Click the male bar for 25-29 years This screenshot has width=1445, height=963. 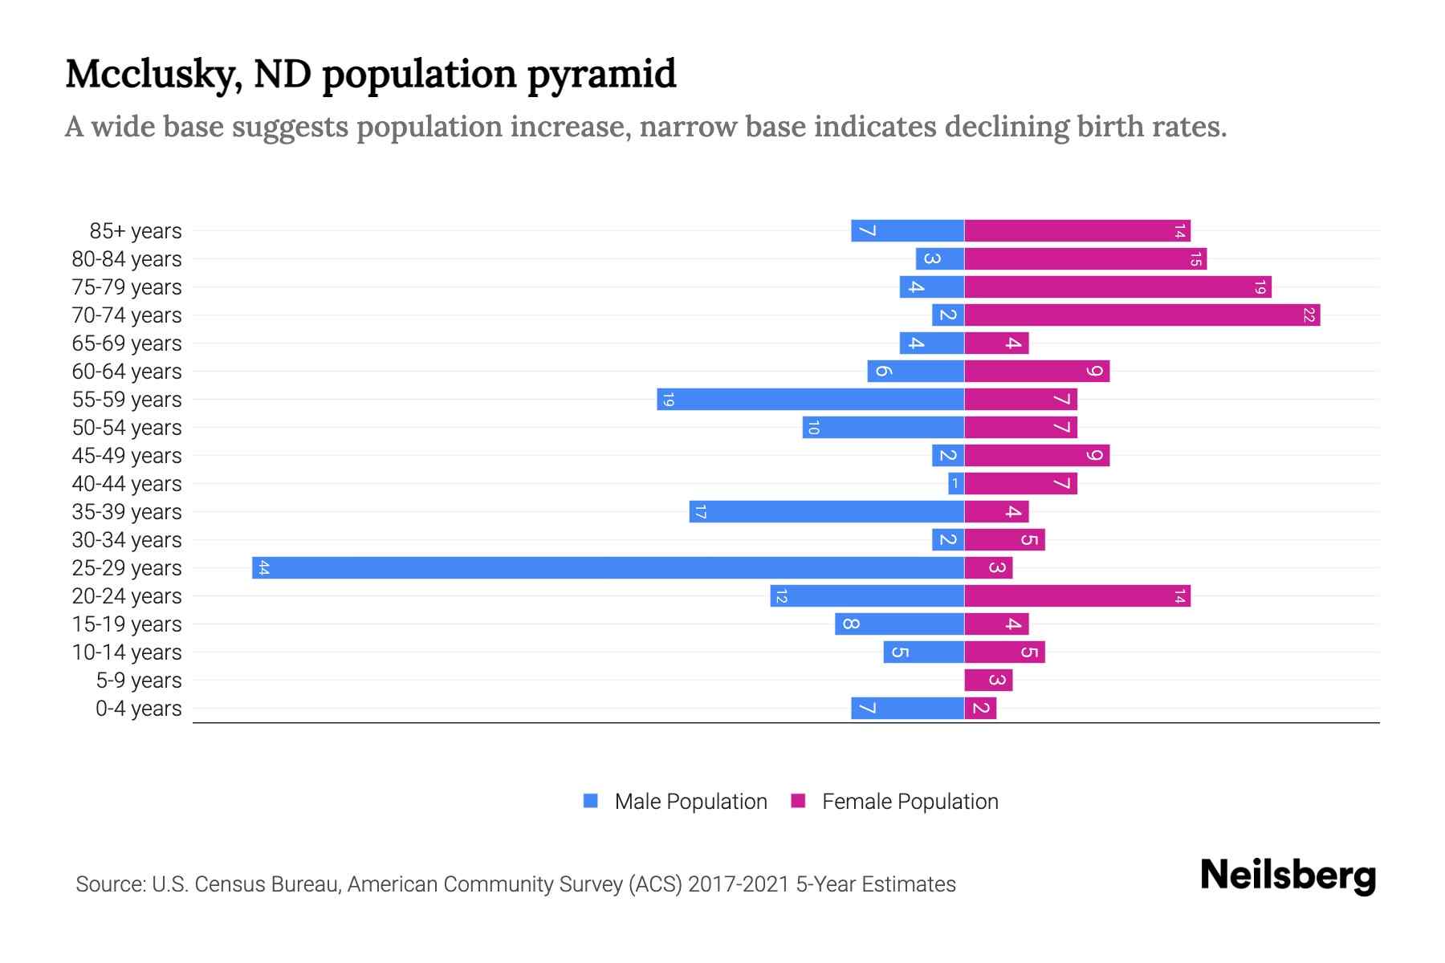608,568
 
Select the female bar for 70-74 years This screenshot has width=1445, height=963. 1142,315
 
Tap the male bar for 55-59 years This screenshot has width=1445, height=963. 810,400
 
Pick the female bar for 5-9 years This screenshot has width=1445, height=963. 988,681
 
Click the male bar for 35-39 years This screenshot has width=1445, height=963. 826,512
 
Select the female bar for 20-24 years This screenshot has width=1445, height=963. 1077,596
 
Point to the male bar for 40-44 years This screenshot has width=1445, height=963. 956,484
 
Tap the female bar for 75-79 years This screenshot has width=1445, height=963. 1117,287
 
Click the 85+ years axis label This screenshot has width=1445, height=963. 136,231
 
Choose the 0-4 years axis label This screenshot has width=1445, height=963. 138,709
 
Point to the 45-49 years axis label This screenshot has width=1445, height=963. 127,456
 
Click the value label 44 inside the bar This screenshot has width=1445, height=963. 263,568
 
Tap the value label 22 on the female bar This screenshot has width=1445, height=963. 1309,315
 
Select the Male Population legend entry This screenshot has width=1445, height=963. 690,802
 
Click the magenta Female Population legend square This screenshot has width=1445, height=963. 798,801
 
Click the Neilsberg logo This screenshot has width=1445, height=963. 1287,876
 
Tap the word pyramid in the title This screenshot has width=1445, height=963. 601,75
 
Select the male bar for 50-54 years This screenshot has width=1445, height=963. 883,428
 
